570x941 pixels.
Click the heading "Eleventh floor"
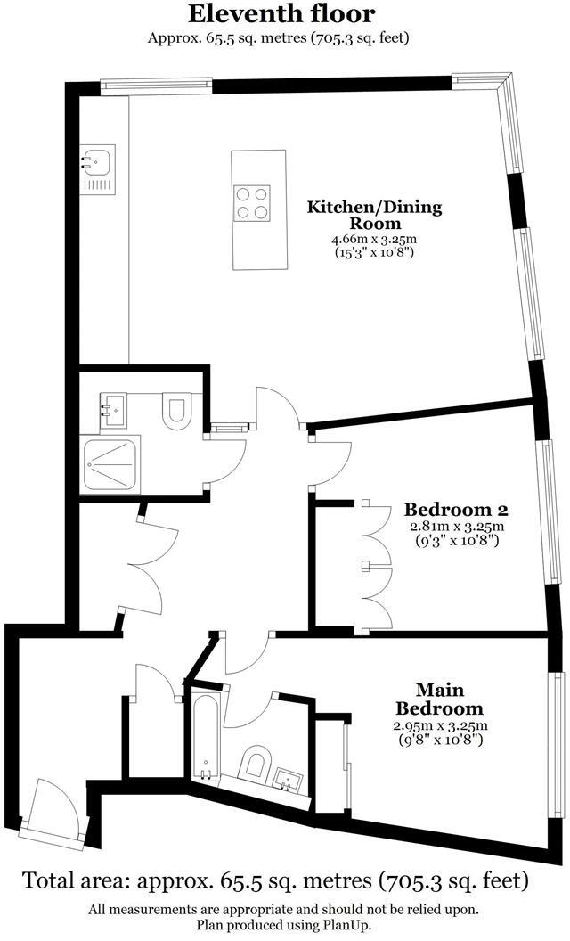[x=281, y=13]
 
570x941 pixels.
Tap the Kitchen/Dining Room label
[x=374, y=216]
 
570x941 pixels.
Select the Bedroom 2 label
[x=456, y=510]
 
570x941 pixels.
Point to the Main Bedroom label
[x=441, y=700]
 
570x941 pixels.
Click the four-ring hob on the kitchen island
[x=252, y=203]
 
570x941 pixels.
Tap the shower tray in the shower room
[x=110, y=465]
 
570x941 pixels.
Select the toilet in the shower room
[x=176, y=411]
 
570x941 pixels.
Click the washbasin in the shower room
[x=112, y=411]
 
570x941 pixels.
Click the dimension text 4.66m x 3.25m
[x=374, y=240]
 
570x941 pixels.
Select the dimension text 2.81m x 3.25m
[x=457, y=528]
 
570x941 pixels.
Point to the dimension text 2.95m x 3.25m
[x=441, y=726]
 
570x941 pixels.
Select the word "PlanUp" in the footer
[x=348, y=925]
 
